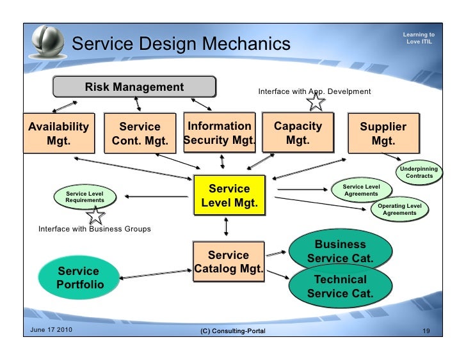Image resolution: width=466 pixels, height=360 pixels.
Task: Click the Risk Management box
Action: (134, 87)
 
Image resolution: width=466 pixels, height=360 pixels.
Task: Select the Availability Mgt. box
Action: (58, 133)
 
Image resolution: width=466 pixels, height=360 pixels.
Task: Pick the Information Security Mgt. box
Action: (220, 133)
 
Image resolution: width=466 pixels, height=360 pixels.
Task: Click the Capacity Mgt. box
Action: (298, 133)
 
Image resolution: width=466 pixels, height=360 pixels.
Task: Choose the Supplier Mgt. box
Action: (383, 133)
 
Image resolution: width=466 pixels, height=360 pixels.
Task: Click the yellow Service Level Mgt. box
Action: (229, 196)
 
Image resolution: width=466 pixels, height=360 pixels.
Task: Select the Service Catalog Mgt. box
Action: (229, 262)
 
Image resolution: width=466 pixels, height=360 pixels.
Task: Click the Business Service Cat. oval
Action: (340, 251)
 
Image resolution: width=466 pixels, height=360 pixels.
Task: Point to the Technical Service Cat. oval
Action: (340, 286)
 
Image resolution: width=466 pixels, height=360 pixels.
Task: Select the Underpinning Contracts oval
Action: (419, 172)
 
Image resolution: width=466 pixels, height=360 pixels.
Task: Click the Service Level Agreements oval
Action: (361, 189)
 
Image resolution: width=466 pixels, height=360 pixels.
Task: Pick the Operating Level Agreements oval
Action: (399, 209)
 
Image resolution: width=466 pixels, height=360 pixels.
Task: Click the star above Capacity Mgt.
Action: (316, 100)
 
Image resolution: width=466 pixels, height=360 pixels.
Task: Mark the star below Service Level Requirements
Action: (96, 216)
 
